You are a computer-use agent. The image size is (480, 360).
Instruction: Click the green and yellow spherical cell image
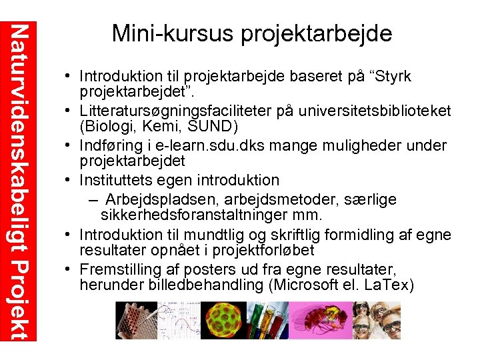click(217, 321)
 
